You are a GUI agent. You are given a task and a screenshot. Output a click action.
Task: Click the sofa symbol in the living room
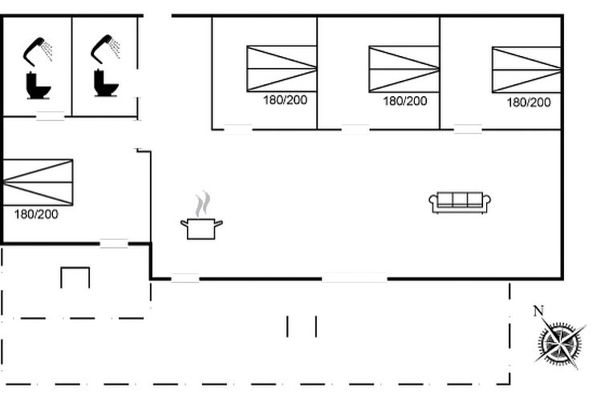point(460,202)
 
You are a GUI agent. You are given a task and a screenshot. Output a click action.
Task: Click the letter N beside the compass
point(538,312)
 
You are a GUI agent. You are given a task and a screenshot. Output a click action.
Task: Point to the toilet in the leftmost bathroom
point(38,85)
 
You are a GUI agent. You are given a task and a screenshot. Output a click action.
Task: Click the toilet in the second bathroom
point(106,83)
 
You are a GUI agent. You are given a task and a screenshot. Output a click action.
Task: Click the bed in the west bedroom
point(37,183)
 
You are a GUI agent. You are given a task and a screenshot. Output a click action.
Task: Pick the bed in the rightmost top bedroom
point(526,70)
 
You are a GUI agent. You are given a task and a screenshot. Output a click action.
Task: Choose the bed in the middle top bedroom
point(404,69)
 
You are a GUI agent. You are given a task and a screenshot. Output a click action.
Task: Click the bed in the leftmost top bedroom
point(282,68)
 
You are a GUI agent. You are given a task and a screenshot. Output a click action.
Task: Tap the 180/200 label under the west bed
point(36,215)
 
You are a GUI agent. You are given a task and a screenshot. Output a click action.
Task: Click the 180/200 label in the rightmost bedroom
point(529,103)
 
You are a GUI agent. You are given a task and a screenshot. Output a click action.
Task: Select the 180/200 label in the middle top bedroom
point(405,102)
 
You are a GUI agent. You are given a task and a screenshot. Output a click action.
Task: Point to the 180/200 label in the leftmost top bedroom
point(285,100)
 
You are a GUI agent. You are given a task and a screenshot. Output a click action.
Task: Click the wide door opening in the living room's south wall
point(354,278)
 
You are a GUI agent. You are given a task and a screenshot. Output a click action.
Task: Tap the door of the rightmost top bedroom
point(468,128)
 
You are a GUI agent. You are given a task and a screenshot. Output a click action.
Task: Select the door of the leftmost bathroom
point(50,116)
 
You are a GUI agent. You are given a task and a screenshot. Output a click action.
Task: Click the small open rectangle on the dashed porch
point(75,277)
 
